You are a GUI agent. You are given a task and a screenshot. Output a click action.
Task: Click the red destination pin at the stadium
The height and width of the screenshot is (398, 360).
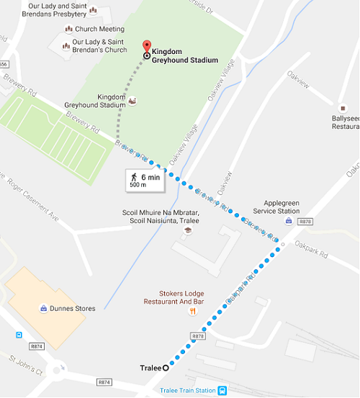pyautogui.click(x=147, y=46)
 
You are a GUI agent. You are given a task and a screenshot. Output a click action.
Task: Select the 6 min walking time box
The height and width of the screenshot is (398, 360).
pyautogui.click(x=144, y=180)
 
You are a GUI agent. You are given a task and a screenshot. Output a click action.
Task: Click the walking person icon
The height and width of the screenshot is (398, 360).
pyautogui.click(x=133, y=176)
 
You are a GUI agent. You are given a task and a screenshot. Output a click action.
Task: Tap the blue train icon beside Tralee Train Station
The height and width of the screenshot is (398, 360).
pyautogui.click(x=224, y=390)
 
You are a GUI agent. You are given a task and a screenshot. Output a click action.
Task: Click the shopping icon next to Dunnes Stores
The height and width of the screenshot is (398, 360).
pyautogui.click(x=45, y=309)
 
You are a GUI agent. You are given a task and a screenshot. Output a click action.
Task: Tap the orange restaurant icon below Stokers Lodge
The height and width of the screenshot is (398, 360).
pyautogui.click(x=192, y=312)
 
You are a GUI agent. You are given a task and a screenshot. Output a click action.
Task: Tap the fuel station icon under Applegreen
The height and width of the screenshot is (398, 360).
pyautogui.click(x=289, y=221)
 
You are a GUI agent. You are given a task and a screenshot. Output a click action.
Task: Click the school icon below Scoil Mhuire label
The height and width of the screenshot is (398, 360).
pyautogui.click(x=187, y=230)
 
